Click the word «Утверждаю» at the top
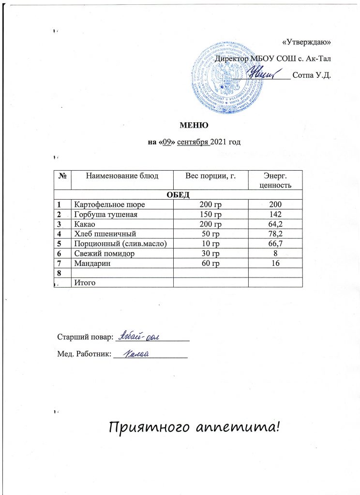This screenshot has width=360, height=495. click(306, 41)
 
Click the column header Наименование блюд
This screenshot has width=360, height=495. click(122, 176)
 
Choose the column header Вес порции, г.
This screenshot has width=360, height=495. click(210, 176)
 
